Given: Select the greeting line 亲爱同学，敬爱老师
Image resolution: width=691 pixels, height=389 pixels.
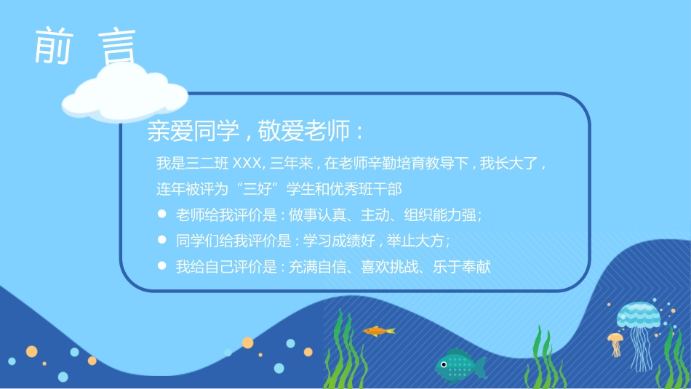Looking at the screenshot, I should (x=255, y=132).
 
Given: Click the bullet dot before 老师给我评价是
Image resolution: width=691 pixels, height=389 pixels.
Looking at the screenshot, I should (x=161, y=214).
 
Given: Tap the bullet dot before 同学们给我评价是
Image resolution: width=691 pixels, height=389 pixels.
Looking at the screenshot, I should (x=161, y=240).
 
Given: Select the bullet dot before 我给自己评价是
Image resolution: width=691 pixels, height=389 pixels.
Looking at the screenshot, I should (x=161, y=266).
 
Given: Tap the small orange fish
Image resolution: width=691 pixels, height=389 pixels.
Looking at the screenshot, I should (x=378, y=332).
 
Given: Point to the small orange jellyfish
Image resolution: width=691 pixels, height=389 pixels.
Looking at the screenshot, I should (x=615, y=342).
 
